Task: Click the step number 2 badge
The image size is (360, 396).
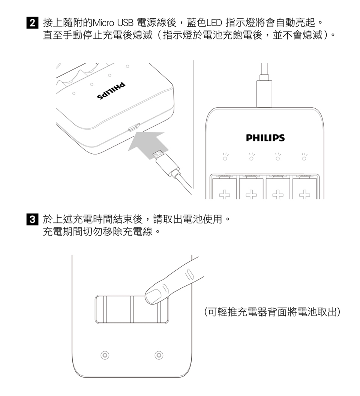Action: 33,23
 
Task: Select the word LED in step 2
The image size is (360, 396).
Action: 214,23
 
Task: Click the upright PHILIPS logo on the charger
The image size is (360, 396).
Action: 265,138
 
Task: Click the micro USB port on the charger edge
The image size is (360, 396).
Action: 134,127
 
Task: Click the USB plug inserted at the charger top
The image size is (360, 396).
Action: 264,91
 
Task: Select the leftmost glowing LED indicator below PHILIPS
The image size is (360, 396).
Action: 225,157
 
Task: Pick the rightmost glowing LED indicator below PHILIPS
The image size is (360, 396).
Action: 304,157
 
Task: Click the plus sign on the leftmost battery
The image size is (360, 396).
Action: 225,194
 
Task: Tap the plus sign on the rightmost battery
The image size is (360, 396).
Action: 304,194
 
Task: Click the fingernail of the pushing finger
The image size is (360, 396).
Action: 152,296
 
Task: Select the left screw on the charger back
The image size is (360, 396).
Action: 105,355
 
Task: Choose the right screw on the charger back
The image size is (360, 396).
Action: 159,355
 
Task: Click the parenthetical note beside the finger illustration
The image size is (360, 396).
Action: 272,312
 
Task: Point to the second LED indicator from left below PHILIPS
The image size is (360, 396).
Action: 252,157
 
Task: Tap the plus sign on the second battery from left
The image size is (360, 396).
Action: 251,194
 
